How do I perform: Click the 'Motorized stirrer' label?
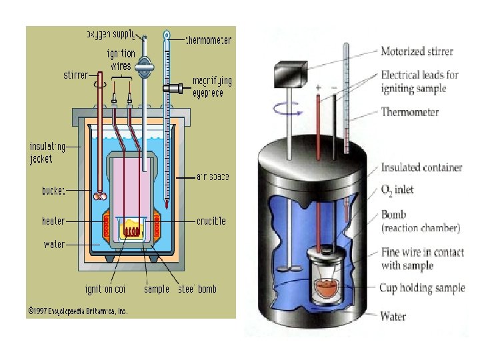pyautogui.click(x=417, y=51)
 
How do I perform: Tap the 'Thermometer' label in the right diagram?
pyautogui.click(x=409, y=112)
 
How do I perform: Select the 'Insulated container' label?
pyautogui.click(x=421, y=167)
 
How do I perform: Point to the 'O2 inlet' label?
pyautogui.click(x=397, y=190)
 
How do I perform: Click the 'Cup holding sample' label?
pyautogui.click(x=422, y=288)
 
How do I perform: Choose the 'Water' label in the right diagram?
pyautogui.click(x=393, y=316)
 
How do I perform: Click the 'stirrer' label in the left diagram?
pyautogui.click(x=75, y=75)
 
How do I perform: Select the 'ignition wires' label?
pyautogui.click(x=120, y=59)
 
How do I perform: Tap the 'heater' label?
pyautogui.click(x=53, y=220)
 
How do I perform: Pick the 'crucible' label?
pyautogui.click(x=211, y=221)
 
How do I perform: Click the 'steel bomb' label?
pyautogui.click(x=197, y=289)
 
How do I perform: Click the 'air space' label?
pyautogui.click(x=213, y=177)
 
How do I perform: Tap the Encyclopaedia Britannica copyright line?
pyautogui.click(x=77, y=311)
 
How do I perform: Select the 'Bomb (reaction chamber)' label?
pyautogui.click(x=419, y=221)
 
